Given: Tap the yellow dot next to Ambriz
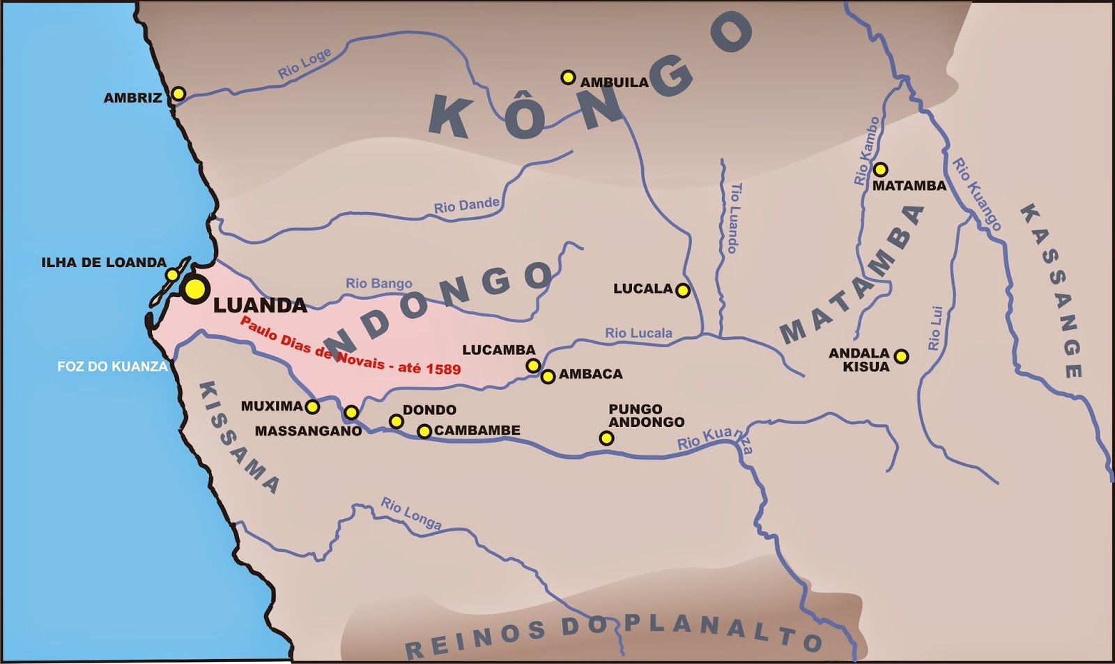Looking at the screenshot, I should [x=178, y=93].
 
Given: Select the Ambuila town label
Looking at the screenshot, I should [x=614, y=82].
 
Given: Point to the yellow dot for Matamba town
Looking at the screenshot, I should [x=880, y=169].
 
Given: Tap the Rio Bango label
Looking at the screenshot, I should [x=378, y=283].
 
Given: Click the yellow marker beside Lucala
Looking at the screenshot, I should [x=683, y=290].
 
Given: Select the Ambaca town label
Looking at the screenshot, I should [x=590, y=374].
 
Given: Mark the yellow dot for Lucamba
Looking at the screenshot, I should [x=532, y=365].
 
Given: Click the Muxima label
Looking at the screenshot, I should [x=272, y=406].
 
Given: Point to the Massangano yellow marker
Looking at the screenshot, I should [x=351, y=412].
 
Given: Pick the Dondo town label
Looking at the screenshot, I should [x=429, y=409].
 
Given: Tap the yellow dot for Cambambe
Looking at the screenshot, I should [x=424, y=431].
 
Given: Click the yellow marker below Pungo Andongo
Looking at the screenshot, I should [x=606, y=438].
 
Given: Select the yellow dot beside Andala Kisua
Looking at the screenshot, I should [x=901, y=356].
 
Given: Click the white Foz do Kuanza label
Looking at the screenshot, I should [x=112, y=366].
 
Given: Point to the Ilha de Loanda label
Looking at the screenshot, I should [x=104, y=262].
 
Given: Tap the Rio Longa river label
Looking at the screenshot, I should [x=410, y=513].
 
